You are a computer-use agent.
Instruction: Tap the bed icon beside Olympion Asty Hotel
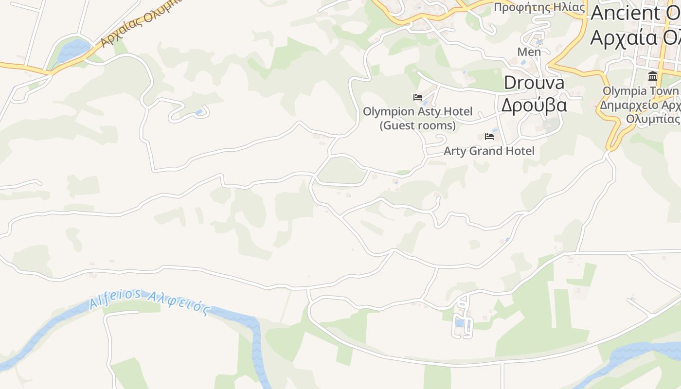pyautogui.click(x=417, y=97)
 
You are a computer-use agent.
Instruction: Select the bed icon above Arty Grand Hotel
pyautogui.click(x=489, y=137)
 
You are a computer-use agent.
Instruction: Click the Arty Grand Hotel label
pyautogui.click(x=489, y=151)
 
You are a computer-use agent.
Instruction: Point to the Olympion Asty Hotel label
pyautogui.click(x=417, y=112)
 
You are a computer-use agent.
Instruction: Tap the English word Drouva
pyautogui.click(x=534, y=83)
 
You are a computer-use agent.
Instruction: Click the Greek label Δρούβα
pyautogui.click(x=534, y=105)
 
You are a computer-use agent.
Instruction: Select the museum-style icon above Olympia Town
pyautogui.click(x=652, y=76)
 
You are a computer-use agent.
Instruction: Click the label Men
pyautogui.click(x=529, y=52)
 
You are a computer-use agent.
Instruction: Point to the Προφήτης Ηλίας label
pyautogui.click(x=539, y=7)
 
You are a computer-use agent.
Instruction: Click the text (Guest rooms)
pyautogui.click(x=417, y=125)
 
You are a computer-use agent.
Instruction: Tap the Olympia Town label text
pyautogui.click(x=640, y=91)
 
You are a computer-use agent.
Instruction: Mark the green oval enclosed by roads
pyautogui.click(x=341, y=170)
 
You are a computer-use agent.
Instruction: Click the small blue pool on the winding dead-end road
pyautogui.click(x=198, y=112)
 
